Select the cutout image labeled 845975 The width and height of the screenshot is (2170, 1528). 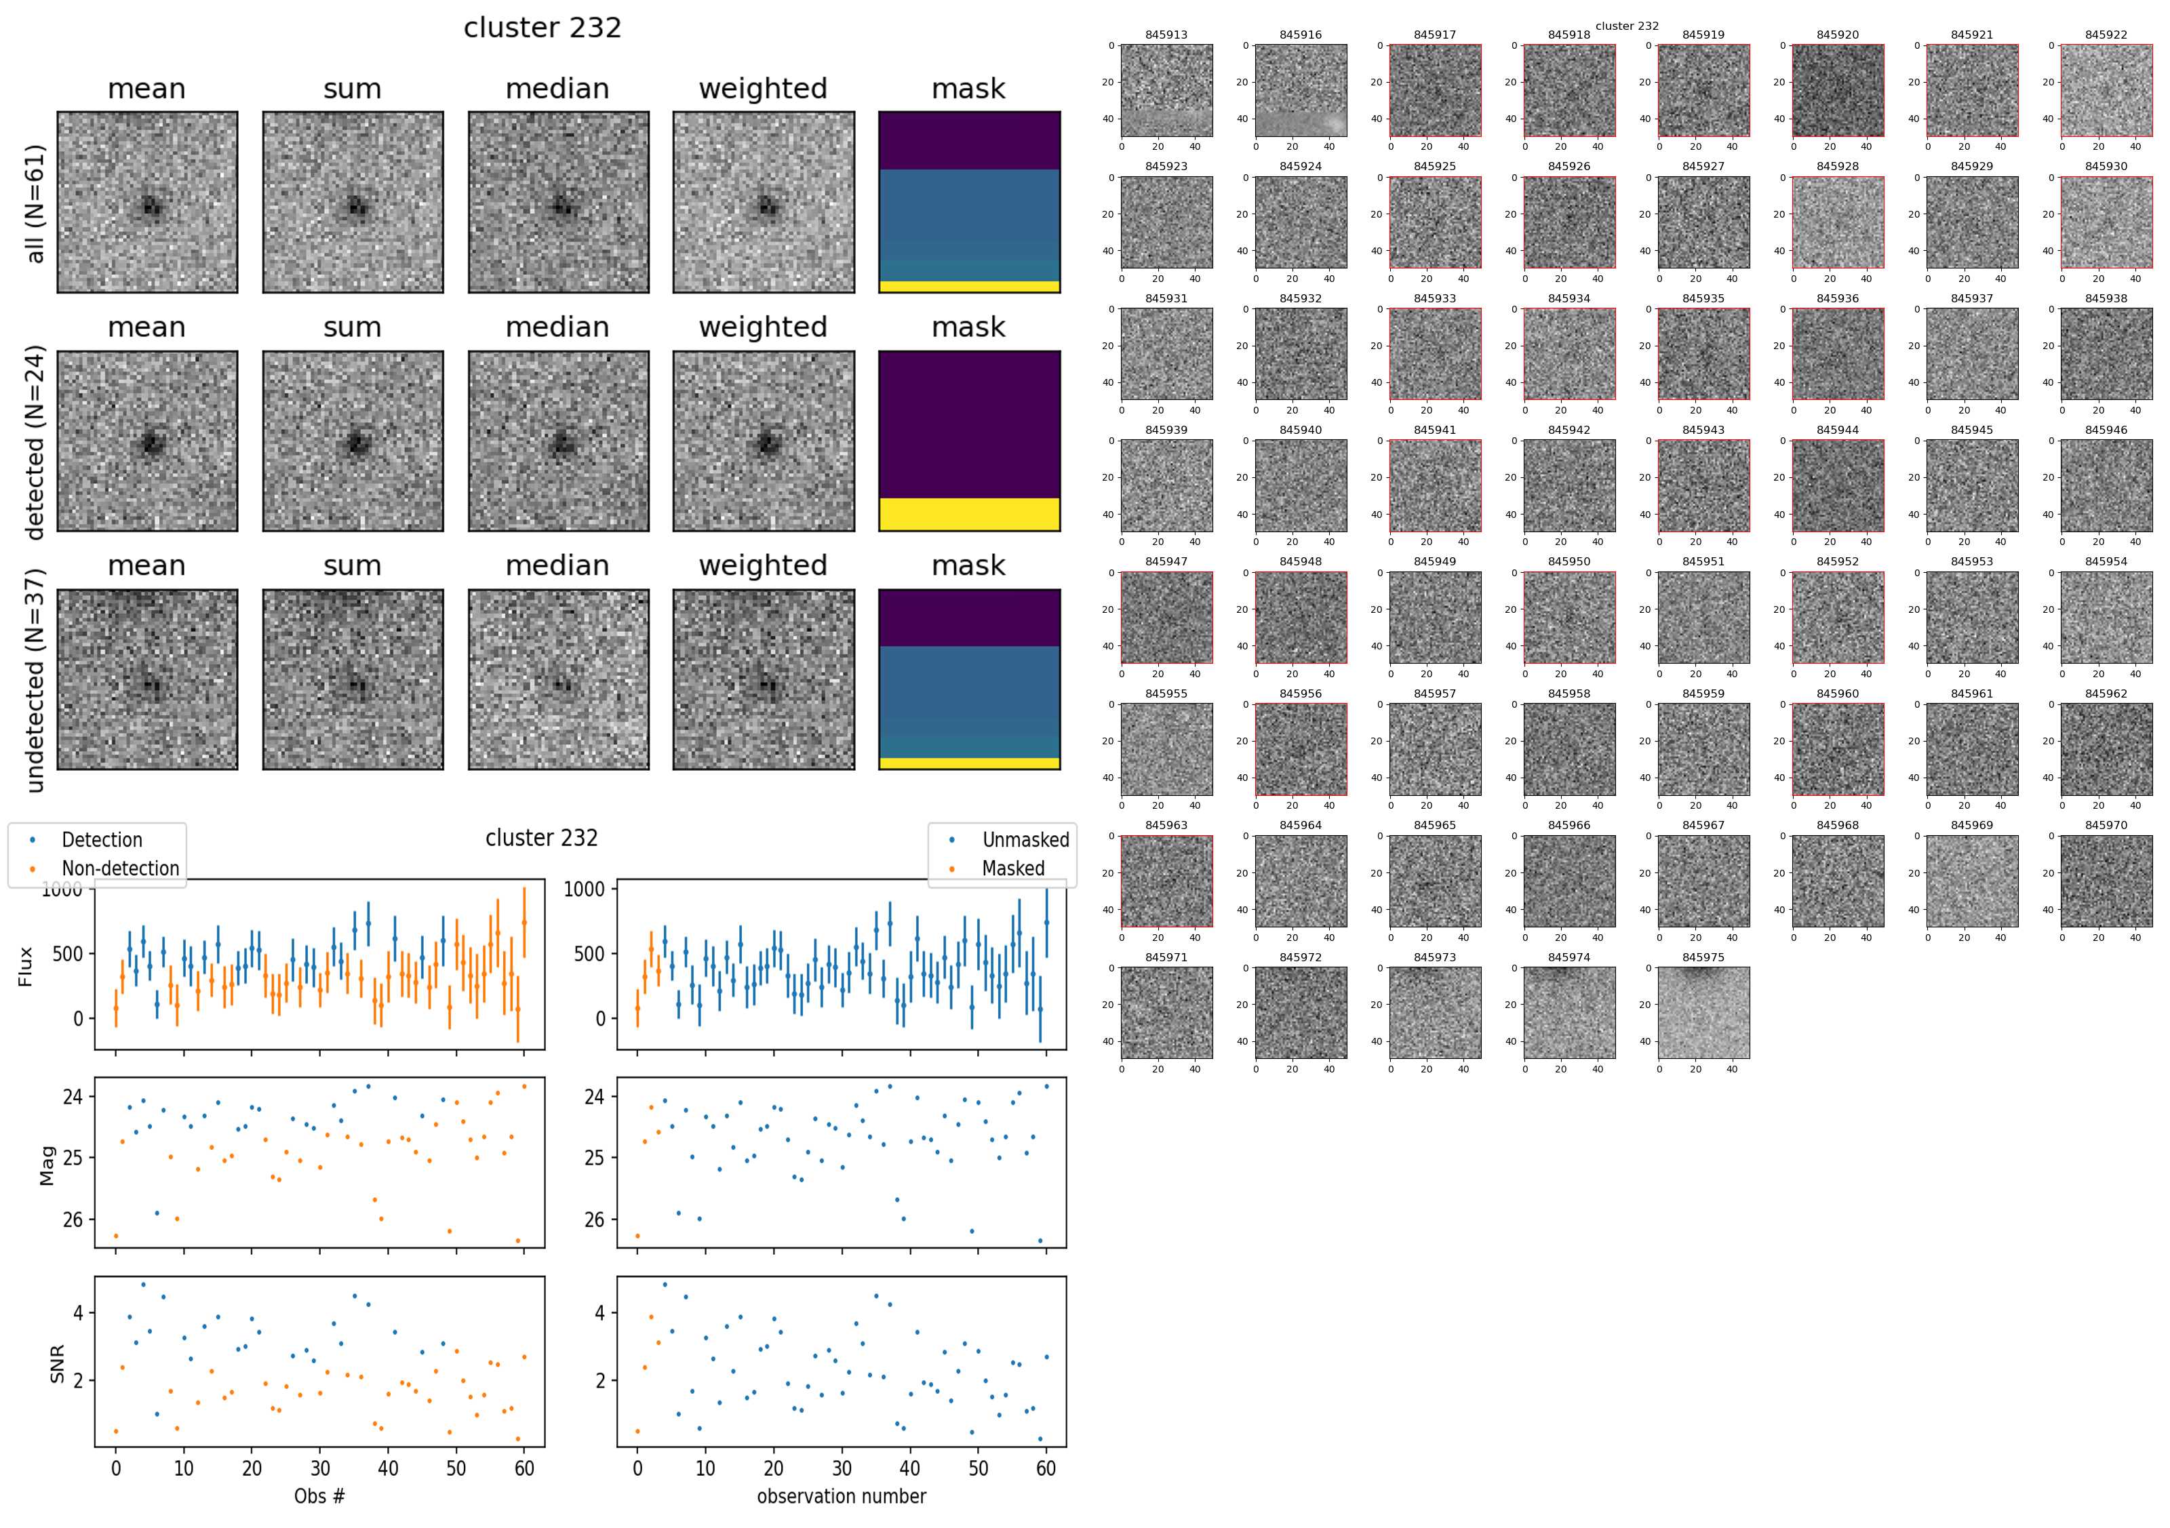pyautogui.click(x=1703, y=1012)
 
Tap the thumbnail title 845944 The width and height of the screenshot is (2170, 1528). pyautogui.click(x=1837, y=430)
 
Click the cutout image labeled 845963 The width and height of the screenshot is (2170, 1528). pyautogui.click(x=1166, y=881)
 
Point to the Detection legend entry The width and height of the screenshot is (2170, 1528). pyautogui.click(x=101, y=840)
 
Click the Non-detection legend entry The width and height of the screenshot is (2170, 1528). pyautogui.click(x=120, y=868)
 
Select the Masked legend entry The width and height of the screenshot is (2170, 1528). pyautogui.click(x=1013, y=868)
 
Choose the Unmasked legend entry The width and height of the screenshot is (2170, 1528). pyautogui.click(x=1025, y=840)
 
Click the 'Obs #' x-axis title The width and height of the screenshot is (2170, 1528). pyautogui.click(x=319, y=1496)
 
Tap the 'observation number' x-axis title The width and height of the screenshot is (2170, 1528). pyautogui.click(x=841, y=1496)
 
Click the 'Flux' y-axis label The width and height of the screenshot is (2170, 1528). pyautogui.click(x=26, y=967)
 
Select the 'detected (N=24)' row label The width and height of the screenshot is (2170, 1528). pyautogui.click(x=35, y=442)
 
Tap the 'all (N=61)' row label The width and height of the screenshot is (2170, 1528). pyautogui.click(x=35, y=203)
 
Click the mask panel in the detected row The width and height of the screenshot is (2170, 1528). pyautogui.click(x=969, y=441)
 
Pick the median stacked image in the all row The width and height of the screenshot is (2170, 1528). pyautogui.click(x=557, y=202)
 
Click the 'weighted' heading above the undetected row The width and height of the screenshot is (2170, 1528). pyautogui.click(x=763, y=565)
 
